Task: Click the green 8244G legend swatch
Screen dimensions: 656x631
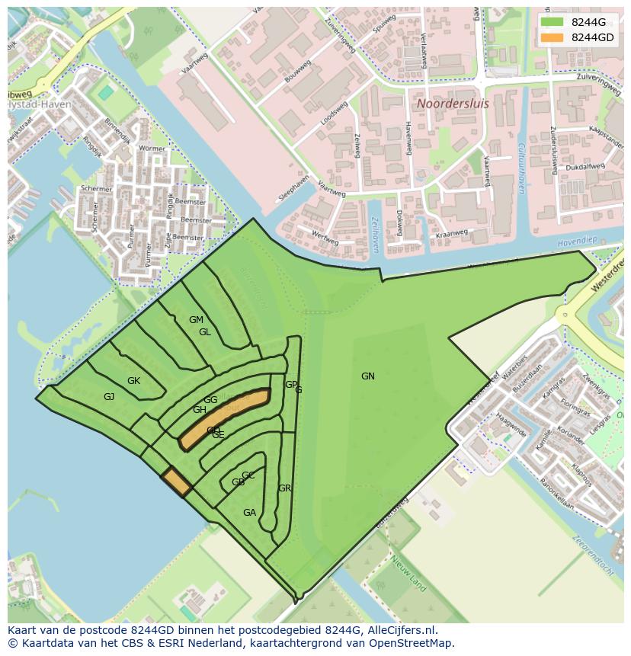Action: point(553,22)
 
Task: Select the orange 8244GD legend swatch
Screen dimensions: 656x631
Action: point(553,37)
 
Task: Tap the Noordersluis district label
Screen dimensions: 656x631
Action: point(450,102)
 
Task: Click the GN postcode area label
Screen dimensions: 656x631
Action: point(368,376)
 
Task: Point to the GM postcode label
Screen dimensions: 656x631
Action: point(196,320)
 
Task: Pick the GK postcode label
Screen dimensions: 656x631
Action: point(134,381)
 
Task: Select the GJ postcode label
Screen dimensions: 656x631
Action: point(109,397)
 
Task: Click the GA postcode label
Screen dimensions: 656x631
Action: point(249,513)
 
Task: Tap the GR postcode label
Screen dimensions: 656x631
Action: point(285,488)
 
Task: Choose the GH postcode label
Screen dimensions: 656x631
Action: point(199,410)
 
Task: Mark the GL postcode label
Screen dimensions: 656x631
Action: point(205,332)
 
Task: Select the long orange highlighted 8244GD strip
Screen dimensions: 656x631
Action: point(225,419)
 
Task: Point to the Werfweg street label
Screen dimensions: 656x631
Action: point(325,238)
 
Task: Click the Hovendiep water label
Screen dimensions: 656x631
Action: point(576,242)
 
